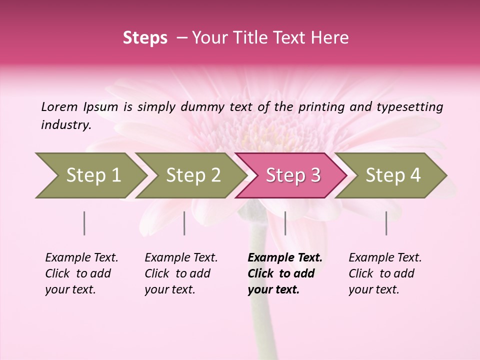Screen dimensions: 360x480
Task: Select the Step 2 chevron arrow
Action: (x=193, y=175)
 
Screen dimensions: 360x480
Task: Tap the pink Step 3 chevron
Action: (x=293, y=175)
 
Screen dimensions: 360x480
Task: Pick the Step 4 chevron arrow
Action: (x=393, y=175)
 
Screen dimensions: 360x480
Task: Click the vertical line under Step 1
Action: (x=84, y=223)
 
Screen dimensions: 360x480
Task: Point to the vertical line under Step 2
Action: (x=184, y=223)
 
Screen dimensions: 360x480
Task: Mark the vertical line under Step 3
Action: (x=285, y=223)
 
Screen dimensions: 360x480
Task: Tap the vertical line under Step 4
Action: (x=386, y=223)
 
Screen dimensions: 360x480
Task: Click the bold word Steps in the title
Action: (x=145, y=38)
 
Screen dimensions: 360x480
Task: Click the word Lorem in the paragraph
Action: (x=59, y=106)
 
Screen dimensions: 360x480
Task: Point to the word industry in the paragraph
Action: (x=65, y=125)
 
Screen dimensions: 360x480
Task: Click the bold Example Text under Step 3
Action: (x=285, y=257)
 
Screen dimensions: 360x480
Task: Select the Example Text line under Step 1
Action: (x=81, y=257)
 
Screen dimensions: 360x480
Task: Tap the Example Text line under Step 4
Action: (x=385, y=257)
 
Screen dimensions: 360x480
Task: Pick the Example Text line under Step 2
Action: (x=181, y=257)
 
